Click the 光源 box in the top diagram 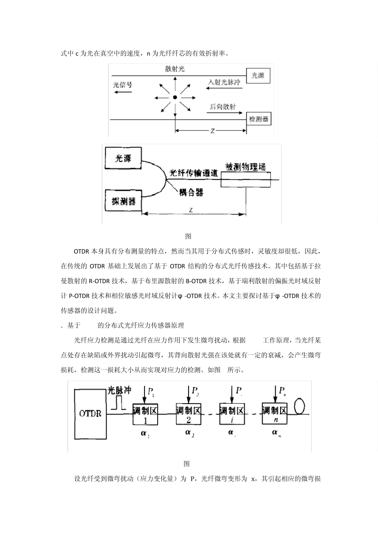click(x=258, y=75)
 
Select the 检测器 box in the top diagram click(x=259, y=119)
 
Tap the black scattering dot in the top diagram click(x=175, y=97)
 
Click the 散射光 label click(x=175, y=69)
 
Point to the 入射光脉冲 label click(x=224, y=82)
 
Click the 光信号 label click(x=123, y=85)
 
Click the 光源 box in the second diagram click(x=123, y=159)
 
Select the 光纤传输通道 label click(x=194, y=173)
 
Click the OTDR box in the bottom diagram click(x=90, y=414)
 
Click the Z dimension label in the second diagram click(x=191, y=210)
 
